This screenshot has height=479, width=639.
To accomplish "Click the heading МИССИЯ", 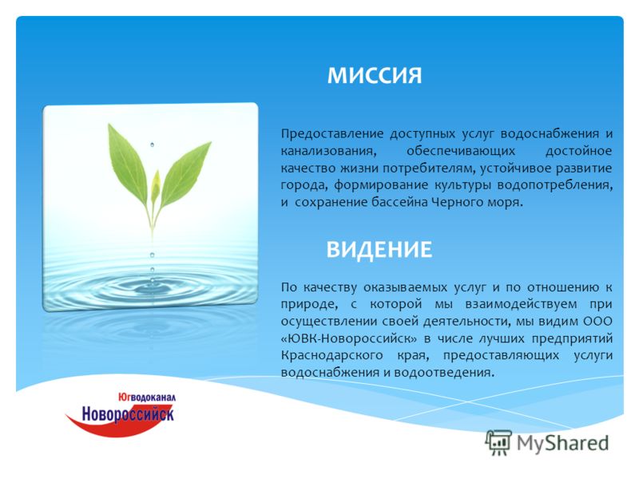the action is point(374,75).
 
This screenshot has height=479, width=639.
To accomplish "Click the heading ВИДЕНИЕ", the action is point(379,249).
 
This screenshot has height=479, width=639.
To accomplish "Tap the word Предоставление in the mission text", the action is point(332,134).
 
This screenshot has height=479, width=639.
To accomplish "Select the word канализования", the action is point(328,152).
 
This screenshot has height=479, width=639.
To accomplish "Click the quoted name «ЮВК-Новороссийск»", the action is point(349,338).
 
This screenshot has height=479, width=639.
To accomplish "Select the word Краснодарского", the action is point(331,355).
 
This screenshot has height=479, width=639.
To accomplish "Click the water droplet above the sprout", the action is point(152,144).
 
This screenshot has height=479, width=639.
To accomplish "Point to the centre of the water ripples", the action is point(152,287).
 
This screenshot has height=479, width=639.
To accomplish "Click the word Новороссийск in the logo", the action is point(128,414).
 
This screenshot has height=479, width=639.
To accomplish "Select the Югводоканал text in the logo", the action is point(147,397).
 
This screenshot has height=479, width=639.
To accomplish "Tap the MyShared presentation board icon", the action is point(498,443).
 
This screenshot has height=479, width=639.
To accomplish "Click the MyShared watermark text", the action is point(563,443).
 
